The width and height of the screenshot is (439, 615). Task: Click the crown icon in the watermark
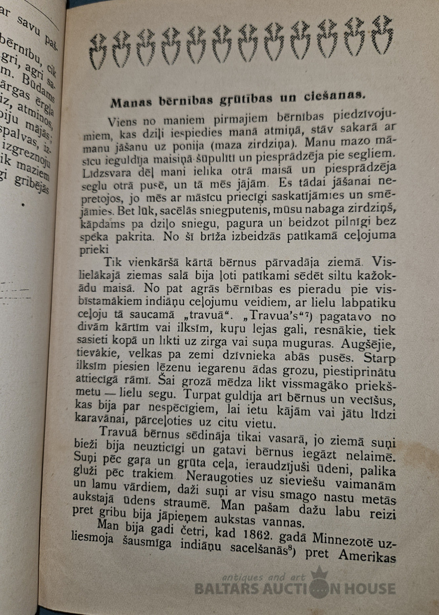click(319, 576)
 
